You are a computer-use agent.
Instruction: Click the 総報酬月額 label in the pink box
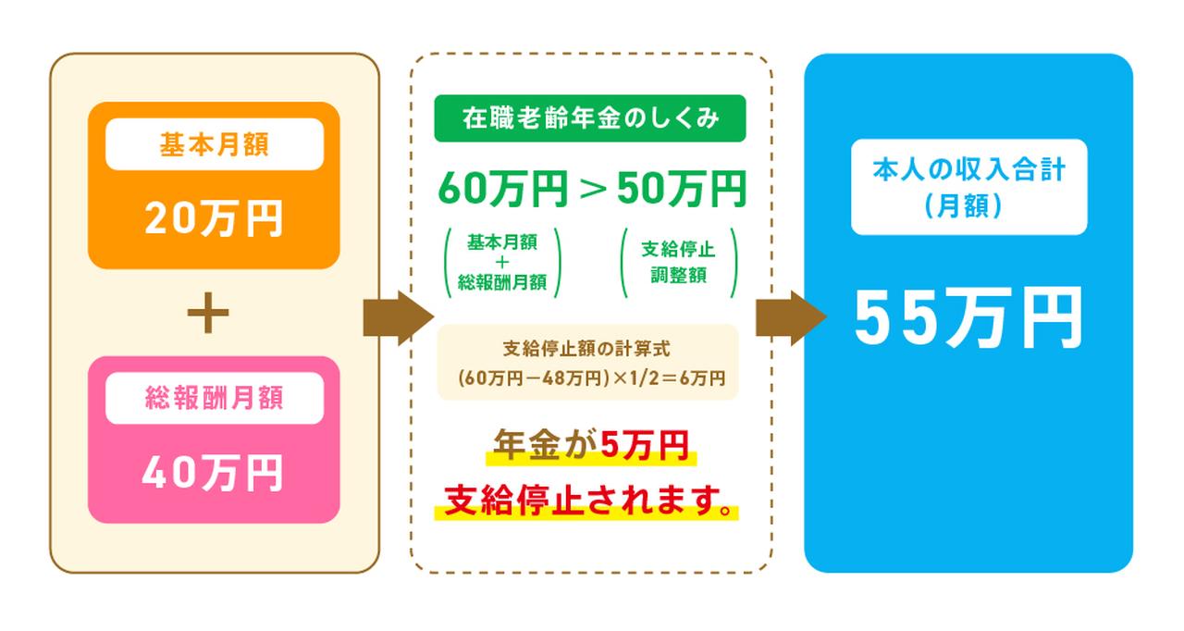point(214,399)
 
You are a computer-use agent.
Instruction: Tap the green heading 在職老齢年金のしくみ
point(589,118)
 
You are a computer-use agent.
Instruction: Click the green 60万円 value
point(502,190)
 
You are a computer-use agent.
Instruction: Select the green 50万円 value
point(682,190)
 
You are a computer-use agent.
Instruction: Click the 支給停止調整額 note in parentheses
point(678,263)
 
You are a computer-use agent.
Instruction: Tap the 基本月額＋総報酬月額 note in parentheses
point(502,263)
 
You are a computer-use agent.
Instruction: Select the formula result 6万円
point(703,377)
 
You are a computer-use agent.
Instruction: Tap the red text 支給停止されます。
point(589,501)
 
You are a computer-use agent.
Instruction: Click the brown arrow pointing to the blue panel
point(789,316)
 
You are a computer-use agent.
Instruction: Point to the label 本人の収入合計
point(968,171)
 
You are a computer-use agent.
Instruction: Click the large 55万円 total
point(968,318)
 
